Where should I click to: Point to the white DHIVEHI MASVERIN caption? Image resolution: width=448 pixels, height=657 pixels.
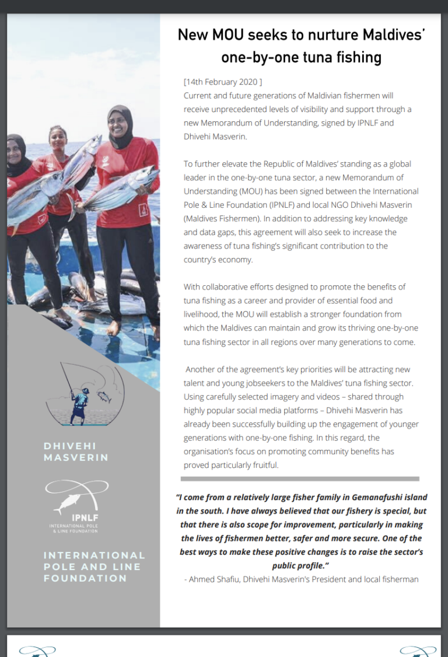76,452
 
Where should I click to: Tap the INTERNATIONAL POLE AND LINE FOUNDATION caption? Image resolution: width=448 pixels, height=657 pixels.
94,567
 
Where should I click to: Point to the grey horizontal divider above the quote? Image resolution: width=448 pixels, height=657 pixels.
300,478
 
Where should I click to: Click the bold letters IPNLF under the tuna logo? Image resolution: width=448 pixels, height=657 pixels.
80,517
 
